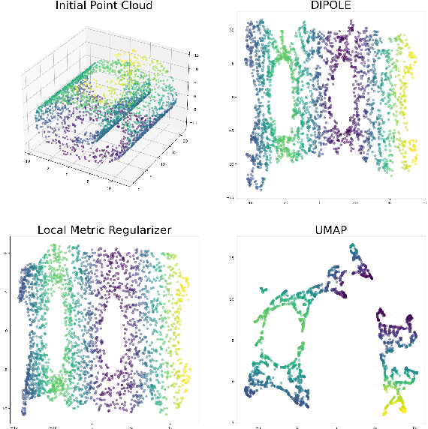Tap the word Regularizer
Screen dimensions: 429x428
point(145,229)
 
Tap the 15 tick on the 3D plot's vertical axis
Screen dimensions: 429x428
point(194,55)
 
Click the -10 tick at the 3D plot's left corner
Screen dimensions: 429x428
point(28,159)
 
